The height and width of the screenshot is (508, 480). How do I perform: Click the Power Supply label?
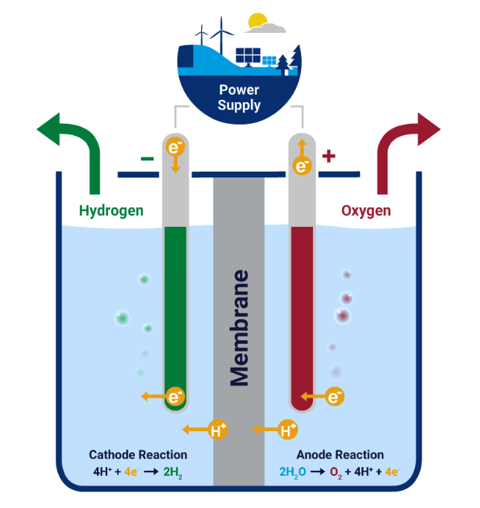tap(239, 97)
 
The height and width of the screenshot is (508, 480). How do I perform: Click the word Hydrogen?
tap(111, 211)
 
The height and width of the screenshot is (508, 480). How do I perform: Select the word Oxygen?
tap(366, 211)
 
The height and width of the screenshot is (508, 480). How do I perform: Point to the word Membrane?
tap(239, 328)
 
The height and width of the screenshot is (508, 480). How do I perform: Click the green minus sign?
tap(147, 158)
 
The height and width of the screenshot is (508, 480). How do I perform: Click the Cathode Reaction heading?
tap(138, 454)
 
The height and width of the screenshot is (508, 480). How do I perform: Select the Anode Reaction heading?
tap(340, 454)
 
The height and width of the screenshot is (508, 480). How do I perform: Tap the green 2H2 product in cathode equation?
tap(171, 471)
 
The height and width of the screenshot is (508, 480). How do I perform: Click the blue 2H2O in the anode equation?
tap(293, 471)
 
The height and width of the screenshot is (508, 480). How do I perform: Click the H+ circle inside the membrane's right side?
tap(288, 430)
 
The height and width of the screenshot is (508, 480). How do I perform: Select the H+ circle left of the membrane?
tap(217, 430)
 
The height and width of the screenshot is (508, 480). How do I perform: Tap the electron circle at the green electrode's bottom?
tap(175, 397)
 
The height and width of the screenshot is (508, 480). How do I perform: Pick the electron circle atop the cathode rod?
tap(174, 148)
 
